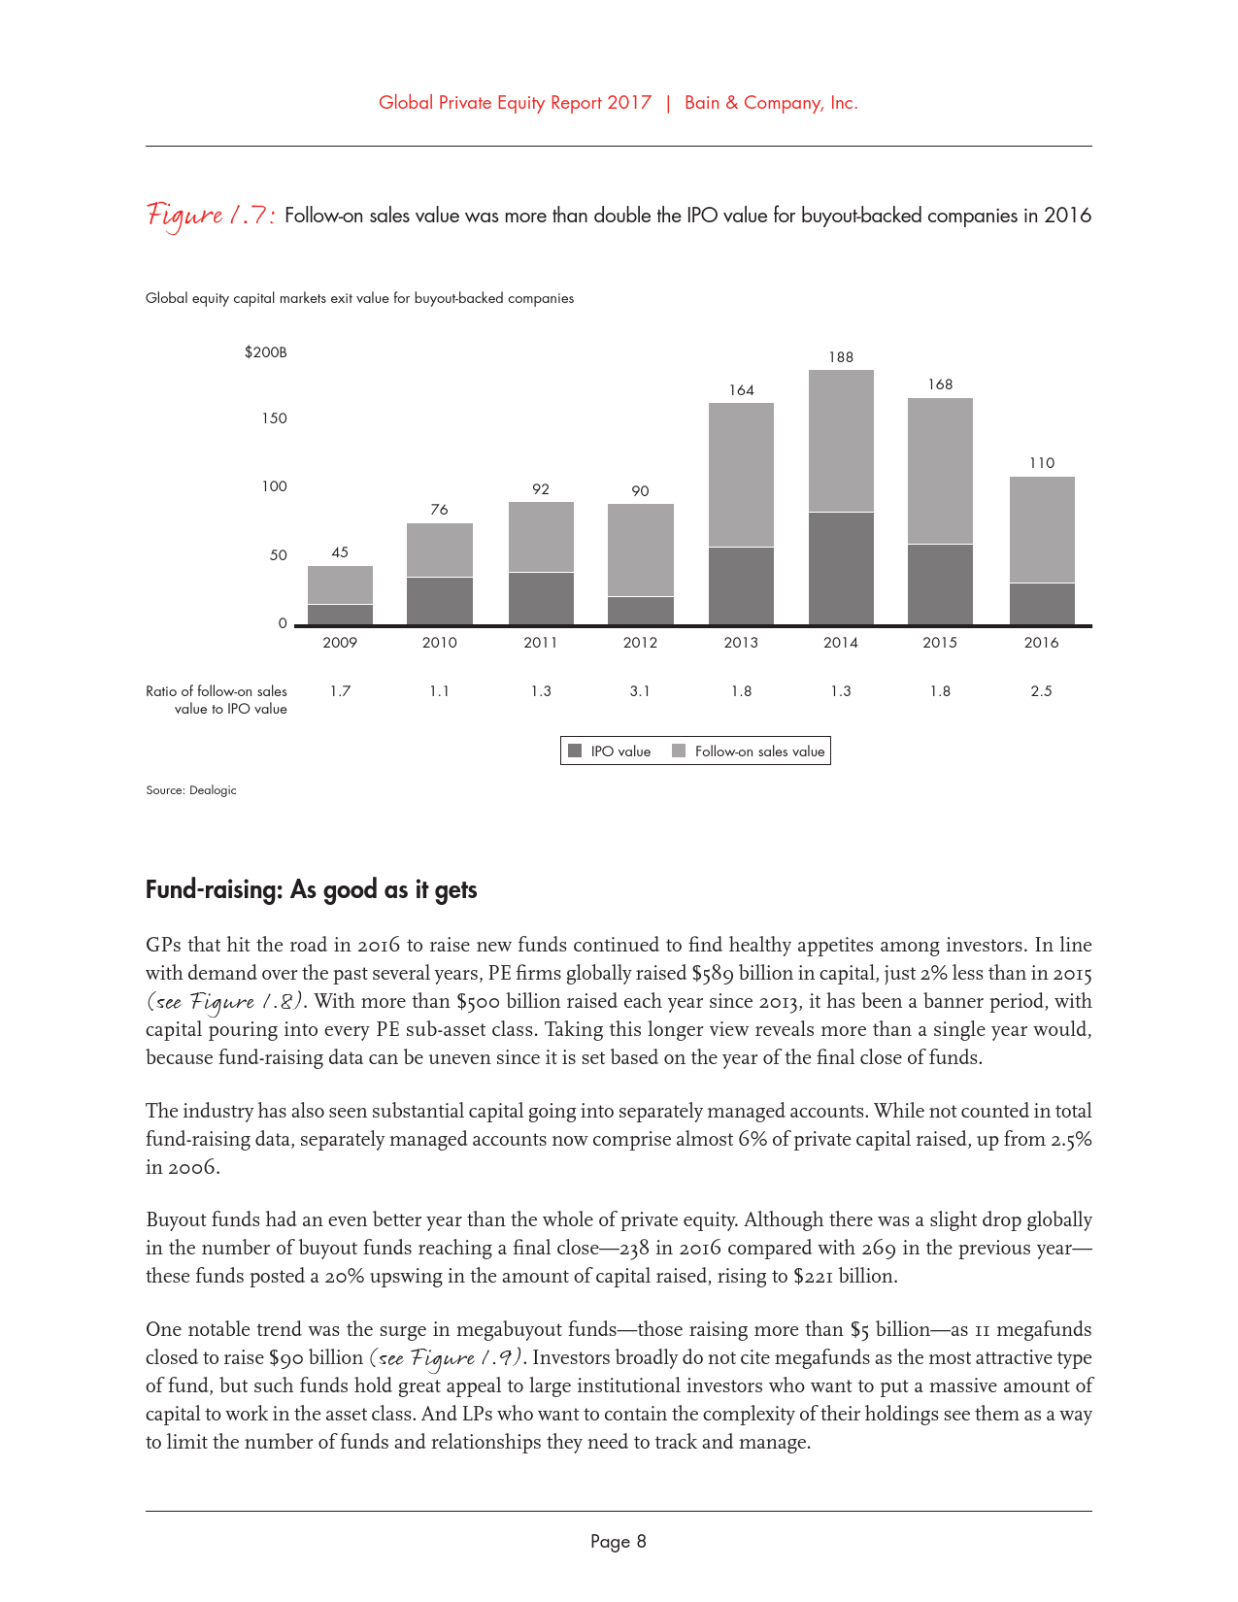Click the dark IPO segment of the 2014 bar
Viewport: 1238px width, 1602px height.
pos(841,568)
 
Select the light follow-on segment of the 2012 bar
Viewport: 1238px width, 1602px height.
pos(640,550)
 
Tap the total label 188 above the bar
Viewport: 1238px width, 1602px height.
pos(841,357)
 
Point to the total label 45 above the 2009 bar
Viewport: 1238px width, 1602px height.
pos(340,552)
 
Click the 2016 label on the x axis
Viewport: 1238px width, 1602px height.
pos(1041,643)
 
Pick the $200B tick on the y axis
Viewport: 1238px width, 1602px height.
pos(266,352)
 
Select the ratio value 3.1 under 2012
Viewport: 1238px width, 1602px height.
pos(640,691)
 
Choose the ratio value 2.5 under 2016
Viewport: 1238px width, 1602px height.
pos(1041,691)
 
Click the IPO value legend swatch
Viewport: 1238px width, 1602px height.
pos(575,751)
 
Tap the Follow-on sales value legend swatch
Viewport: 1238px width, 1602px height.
pos(679,751)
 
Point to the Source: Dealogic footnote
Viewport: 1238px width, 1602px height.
pos(191,790)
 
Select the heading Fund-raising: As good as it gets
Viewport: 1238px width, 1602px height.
pos(311,890)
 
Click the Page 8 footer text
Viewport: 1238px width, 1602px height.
pos(619,1542)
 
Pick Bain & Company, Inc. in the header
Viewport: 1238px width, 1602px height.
pos(771,103)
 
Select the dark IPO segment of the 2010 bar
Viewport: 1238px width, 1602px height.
pos(440,601)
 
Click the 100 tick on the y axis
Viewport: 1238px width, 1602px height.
pos(275,486)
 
